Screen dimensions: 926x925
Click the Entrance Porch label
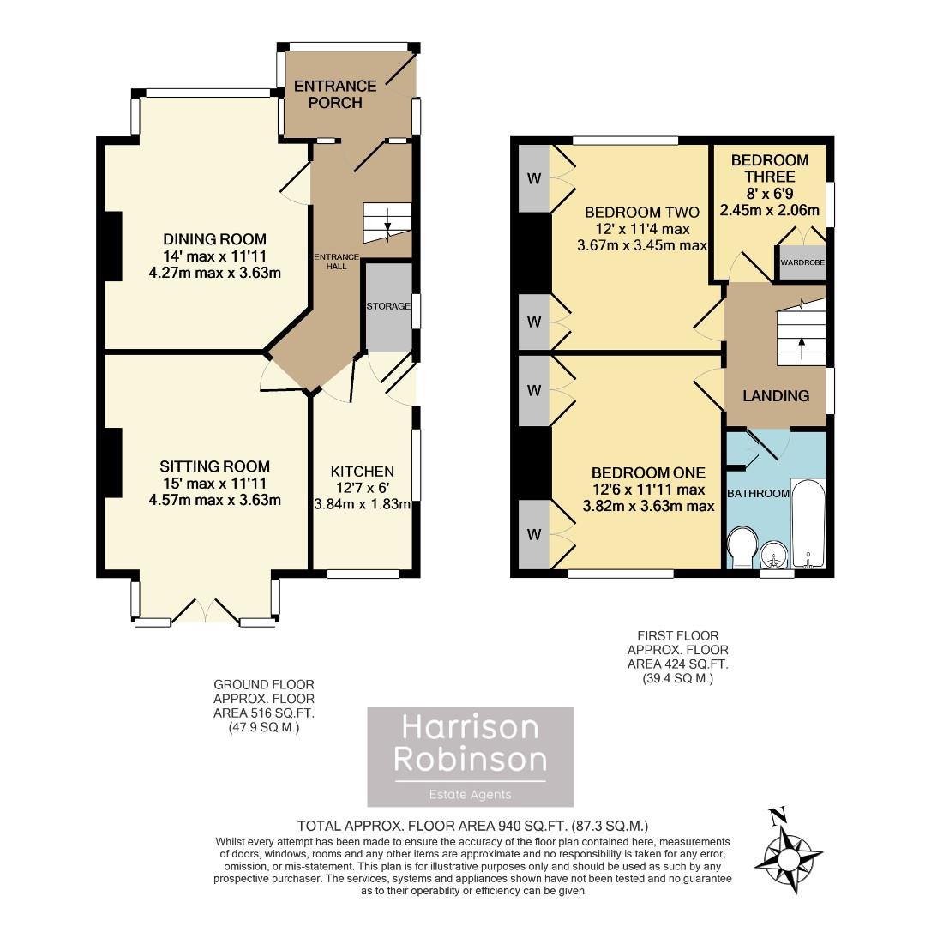tap(335, 94)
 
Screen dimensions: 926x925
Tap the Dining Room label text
tap(214, 238)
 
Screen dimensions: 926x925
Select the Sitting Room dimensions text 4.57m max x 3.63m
tap(214, 500)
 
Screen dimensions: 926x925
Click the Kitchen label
tap(363, 472)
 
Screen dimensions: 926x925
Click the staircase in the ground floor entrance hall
tap(387, 224)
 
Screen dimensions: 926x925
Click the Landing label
tap(776, 395)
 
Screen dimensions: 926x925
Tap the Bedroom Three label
tap(770, 168)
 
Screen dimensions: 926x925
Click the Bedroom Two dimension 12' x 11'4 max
tap(642, 229)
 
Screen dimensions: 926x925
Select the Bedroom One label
tap(648, 472)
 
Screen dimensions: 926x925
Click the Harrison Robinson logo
tap(471, 756)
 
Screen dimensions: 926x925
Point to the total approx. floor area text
tap(472, 826)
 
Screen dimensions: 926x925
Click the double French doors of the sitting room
tap(206, 610)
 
